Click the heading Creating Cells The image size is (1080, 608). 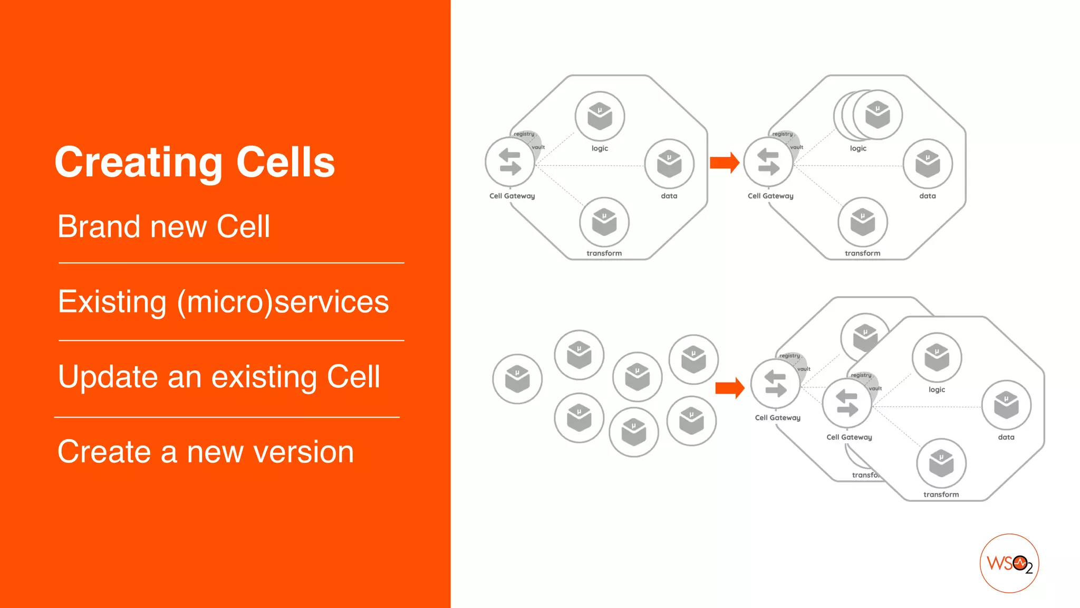point(195,163)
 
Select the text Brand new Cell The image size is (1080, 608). point(163,227)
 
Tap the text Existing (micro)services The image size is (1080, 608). point(223,302)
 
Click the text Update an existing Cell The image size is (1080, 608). point(219,377)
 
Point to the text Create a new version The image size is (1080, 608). point(206,452)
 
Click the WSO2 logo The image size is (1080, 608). point(1009,563)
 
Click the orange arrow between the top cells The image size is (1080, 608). point(724,163)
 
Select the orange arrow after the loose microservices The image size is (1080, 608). point(729,388)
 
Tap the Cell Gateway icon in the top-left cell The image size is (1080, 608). point(510,163)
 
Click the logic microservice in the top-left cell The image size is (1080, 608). point(600,117)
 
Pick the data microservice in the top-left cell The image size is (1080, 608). point(669,164)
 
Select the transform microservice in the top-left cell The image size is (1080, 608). point(604,222)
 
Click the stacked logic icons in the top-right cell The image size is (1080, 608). point(870,115)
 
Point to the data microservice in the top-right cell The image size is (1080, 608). point(928,164)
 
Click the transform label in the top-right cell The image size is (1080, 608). point(862,253)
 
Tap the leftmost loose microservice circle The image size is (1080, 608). point(517,379)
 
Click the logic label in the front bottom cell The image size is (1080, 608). point(937,389)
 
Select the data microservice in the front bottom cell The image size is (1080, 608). point(1006,405)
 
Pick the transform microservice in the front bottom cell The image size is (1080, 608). point(941,463)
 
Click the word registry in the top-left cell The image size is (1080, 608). point(524,134)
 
